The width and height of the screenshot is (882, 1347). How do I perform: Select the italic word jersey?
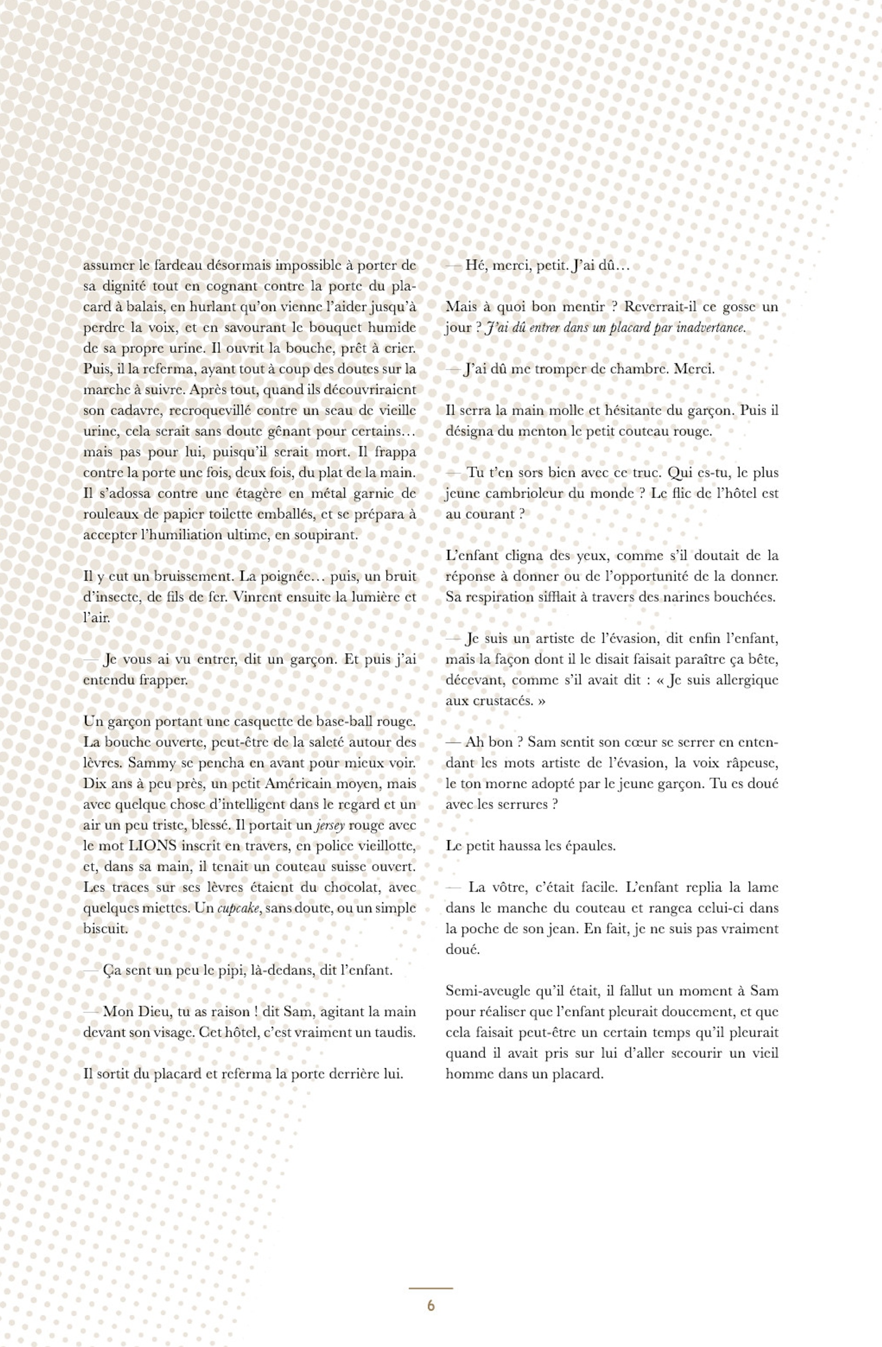pyautogui.click(x=330, y=826)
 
